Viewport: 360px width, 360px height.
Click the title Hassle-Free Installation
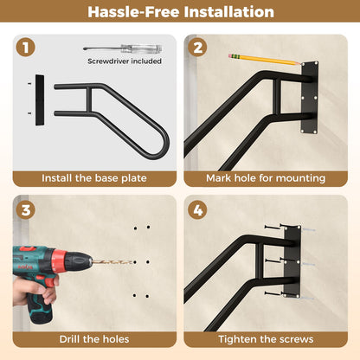tap(180, 12)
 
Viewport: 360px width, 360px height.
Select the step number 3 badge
tap(26, 209)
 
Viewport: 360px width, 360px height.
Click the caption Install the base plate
tap(93, 178)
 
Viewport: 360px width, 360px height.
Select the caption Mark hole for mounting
tap(266, 178)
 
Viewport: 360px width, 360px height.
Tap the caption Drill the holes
tap(93, 339)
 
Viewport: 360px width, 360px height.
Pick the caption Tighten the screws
tap(266, 339)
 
